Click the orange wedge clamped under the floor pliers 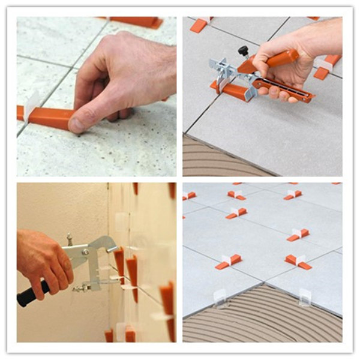click(230, 91)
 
